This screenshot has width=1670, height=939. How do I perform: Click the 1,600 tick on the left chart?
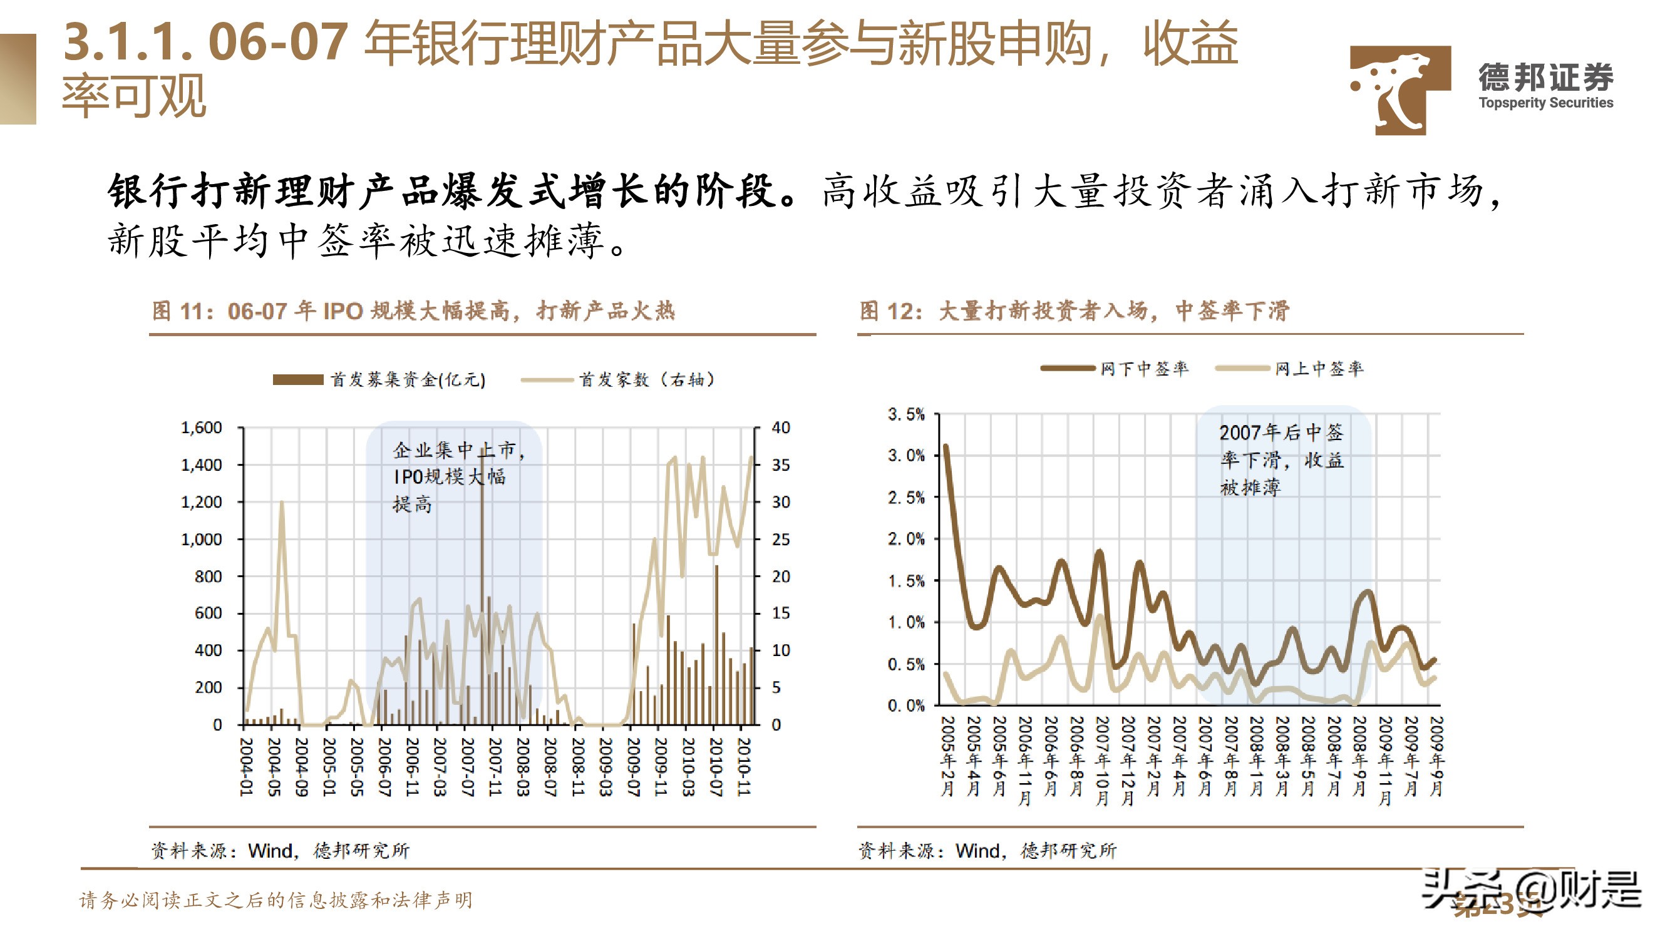pos(201,428)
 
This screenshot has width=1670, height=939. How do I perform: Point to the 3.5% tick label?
pos(905,414)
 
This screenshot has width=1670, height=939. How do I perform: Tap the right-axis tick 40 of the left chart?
pos(781,428)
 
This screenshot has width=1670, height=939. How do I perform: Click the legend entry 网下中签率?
pos(1144,369)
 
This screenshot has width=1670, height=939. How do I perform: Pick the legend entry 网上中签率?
pos(1319,369)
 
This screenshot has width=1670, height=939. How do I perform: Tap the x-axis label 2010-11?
pos(744,766)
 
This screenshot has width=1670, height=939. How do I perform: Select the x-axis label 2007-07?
pos(467,766)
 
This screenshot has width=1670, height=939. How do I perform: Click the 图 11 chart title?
pos(414,311)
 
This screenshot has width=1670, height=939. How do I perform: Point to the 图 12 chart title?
pos(1075,311)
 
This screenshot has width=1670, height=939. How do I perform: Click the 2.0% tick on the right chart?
pos(905,539)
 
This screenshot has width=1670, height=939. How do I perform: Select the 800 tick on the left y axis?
pos(207,576)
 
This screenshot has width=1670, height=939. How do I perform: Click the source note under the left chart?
pos(280,850)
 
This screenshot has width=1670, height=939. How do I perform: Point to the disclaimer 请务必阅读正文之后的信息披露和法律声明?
pos(276,900)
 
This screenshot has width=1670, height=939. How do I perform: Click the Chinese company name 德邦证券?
pos(1545,78)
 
